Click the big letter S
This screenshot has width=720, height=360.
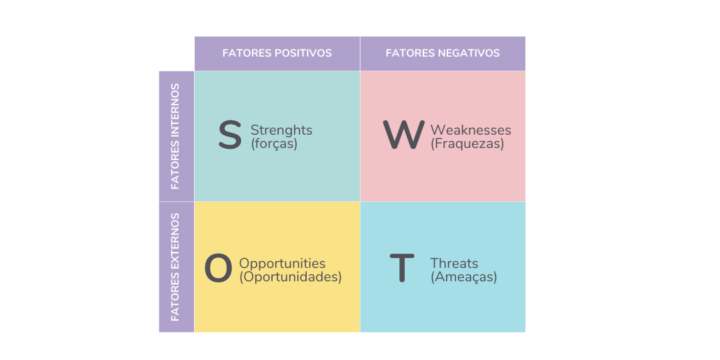pos(229,135)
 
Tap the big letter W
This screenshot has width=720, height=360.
pos(403,135)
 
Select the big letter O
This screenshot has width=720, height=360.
pos(218,269)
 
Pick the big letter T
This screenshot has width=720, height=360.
pos(402,268)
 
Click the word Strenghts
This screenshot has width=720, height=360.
pos(281,131)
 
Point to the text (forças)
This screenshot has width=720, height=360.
pos(274,144)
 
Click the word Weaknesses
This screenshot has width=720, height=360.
pos(471,130)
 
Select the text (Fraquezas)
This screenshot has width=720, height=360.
pos(467,144)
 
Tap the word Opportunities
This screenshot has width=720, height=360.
pos(283,264)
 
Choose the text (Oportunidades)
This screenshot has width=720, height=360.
pos(291,278)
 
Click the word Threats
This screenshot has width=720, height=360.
pos(454,263)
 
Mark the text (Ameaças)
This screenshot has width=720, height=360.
pos(464,278)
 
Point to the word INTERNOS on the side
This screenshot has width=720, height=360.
pos(175,111)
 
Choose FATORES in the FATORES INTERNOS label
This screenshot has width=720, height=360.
pos(175,166)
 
